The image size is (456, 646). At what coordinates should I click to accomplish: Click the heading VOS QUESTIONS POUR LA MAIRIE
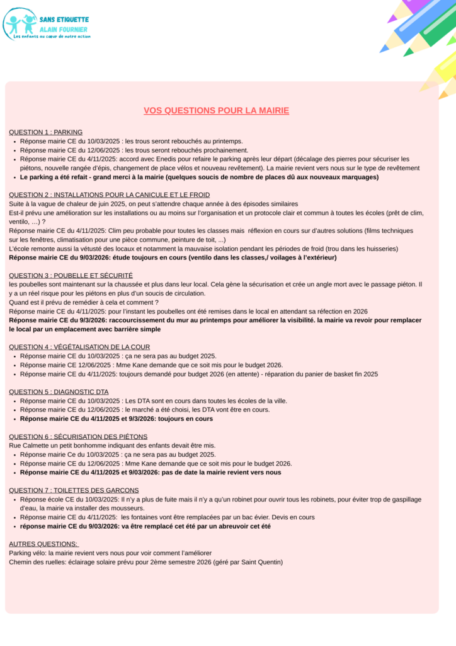pyautogui.click(x=216, y=110)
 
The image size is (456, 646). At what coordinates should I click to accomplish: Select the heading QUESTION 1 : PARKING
pyautogui.click(x=45, y=132)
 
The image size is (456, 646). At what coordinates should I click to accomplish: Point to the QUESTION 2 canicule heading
pyautogui.click(x=109, y=195)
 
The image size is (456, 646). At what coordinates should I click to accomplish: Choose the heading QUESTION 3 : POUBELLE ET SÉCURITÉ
pyautogui.click(x=71, y=276)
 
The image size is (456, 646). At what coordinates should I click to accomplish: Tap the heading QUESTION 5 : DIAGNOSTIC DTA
pyautogui.click(x=59, y=392)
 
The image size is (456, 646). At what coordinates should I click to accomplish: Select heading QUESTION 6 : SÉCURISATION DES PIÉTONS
pyautogui.click(x=78, y=437)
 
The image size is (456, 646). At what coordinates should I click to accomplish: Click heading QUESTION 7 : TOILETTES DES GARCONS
pyautogui.click(x=74, y=490)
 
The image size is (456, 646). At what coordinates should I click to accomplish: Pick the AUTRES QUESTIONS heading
pyautogui.click(x=43, y=544)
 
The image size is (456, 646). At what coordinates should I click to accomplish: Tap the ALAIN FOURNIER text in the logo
pyautogui.click(x=64, y=29)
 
